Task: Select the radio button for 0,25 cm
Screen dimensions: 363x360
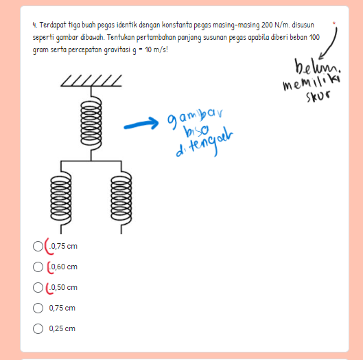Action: click(x=38, y=328)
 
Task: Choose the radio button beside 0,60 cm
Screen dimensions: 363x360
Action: click(x=38, y=267)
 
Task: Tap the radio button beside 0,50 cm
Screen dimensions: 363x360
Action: click(x=38, y=287)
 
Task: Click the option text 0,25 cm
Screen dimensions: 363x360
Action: click(x=62, y=328)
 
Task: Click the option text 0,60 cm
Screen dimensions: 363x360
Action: click(x=64, y=267)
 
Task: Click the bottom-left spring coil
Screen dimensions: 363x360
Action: click(x=61, y=198)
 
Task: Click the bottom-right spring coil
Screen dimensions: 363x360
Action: click(x=121, y=198)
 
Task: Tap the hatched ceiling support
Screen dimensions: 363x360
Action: click(x=91, y=80)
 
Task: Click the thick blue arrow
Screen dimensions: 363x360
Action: click(x=141, y=124)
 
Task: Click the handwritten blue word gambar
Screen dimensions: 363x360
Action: click(x=195, y=118)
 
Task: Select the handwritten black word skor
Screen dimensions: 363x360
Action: click(x=318, y=96)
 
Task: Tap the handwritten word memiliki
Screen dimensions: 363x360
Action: click(x=312, y=82)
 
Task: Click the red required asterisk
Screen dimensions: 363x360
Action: click(x=333, y=23)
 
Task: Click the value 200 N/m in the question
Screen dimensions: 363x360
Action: click(x=275, y=25)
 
